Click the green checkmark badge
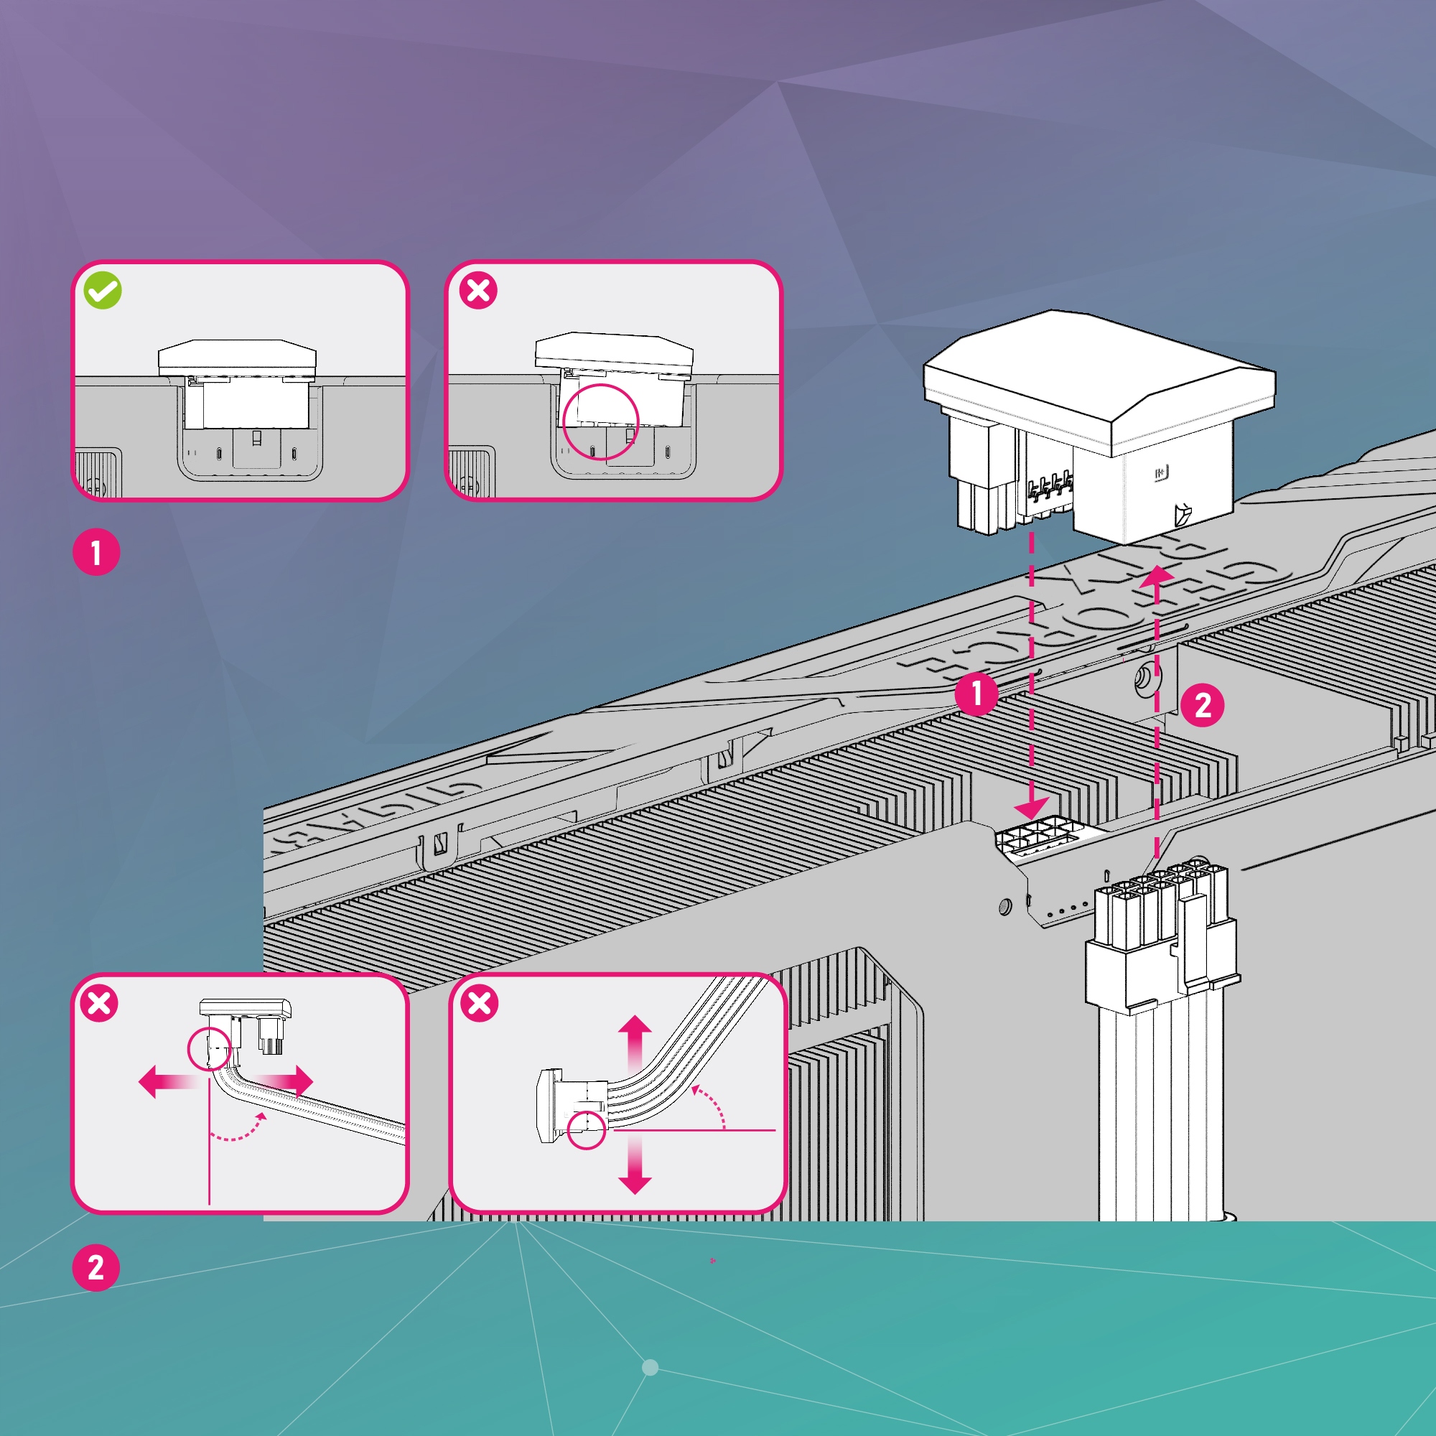click(103, 291)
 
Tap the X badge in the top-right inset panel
click(478, 291)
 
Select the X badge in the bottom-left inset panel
click(99, 1004)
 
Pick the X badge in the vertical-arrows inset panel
click(480, 1004)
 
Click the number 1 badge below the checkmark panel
click(96, 553)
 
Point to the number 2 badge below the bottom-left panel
click(96, 1267)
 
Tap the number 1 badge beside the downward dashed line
click(976, 694)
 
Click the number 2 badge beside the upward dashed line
click(1202, 704)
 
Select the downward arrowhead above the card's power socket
click(1033, 808)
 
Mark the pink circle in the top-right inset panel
click(600, 421)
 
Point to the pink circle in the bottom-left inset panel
click(209, 1049)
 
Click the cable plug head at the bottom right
click(1160, 936)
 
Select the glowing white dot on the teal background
click(650, 1368)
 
